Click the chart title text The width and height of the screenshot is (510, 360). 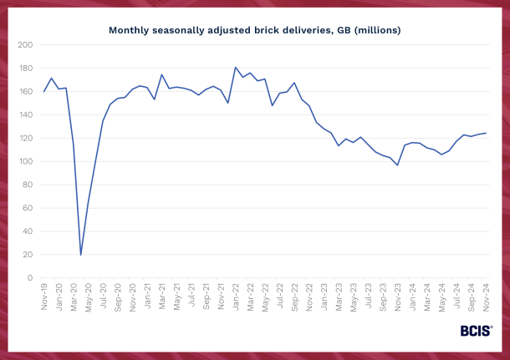pyautogui.click(x=254, y=30)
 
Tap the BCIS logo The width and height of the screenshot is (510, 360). pyautogui.click(x=476, y=331)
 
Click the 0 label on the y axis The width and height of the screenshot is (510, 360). pyautogui.click(x=31, y=278)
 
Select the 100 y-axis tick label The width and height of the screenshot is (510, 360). pyautogui.click(x=27, y=161)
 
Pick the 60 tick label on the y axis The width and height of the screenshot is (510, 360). pyautogui.click(x=28, y=208)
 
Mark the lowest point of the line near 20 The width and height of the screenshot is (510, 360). pyautogui.click(x=81, y=255)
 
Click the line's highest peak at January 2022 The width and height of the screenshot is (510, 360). pyautogui.click(x=236, y=68)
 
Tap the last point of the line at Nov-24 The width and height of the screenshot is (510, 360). pyautogui.click(x=486, y=133)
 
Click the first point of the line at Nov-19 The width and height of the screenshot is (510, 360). pyautogui.click(x=44, y=91)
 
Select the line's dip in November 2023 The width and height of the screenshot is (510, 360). pyautogui.click(x=398, y=165)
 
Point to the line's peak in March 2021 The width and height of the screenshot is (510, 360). pyautogui.click(x=162, y=74)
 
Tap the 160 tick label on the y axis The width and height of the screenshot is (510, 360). pyautogui.click(x=27, y=91)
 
